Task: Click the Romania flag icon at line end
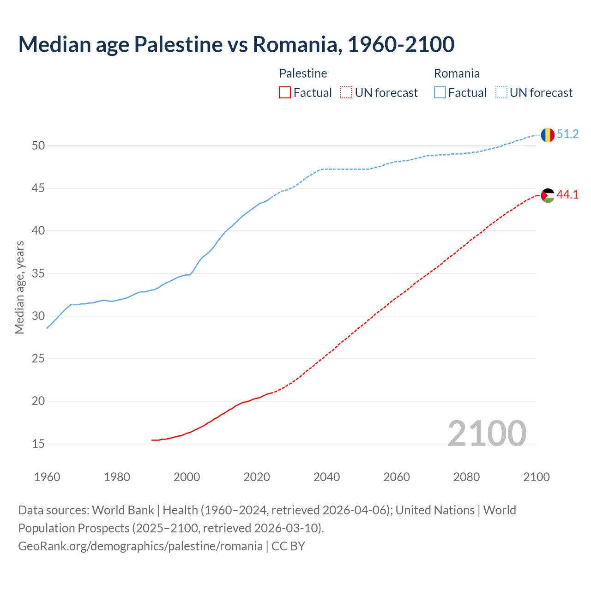(x=547, y=135)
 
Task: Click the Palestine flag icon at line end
(x=547, y=195)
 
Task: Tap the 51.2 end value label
(x=567, y=134)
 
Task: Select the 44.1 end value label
(x=567, y=195)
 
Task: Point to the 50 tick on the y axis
(x=38, y=146)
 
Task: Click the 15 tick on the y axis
(x=38, y=444)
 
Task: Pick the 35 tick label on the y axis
(x=38, y=274)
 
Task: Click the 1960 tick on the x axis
(x=47, y=477)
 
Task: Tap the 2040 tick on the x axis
(x=326, y=477)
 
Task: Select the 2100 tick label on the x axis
(x=536, y=477)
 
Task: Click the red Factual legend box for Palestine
(x=285, y=93)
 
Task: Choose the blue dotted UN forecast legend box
(x=501, y=93)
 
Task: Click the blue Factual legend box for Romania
(x=440, y=93)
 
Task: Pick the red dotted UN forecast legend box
(x=346, y=93)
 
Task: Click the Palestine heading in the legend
(x=303, y=73)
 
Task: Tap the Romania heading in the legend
(x=457, y=73)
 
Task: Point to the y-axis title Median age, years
(x=19, y=287)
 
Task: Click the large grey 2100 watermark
(x=487, y=434)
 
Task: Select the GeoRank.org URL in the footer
(x=140, y=546)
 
